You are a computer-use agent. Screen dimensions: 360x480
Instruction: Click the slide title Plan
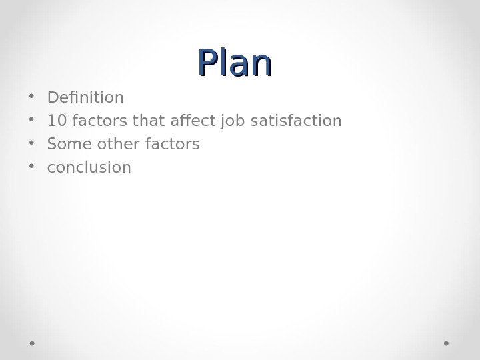pos(235,63)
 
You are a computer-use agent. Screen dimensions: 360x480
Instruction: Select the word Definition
pos(85,98)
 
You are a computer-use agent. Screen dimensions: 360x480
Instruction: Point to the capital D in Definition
pos(52,98)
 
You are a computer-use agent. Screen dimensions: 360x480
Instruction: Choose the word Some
pos(65,144)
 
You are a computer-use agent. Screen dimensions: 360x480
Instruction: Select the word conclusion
pos(89,167)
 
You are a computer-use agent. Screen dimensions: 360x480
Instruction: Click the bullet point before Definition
pos(31,97)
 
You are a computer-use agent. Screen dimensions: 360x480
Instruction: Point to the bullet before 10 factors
pos(31,120)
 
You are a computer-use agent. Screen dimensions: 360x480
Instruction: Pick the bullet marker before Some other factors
pos(31,143)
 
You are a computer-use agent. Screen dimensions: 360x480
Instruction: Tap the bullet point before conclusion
pos(31,167)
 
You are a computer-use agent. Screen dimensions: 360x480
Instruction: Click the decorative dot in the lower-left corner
pos(32,343)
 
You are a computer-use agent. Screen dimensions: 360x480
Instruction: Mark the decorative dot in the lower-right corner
pos(446,343)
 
